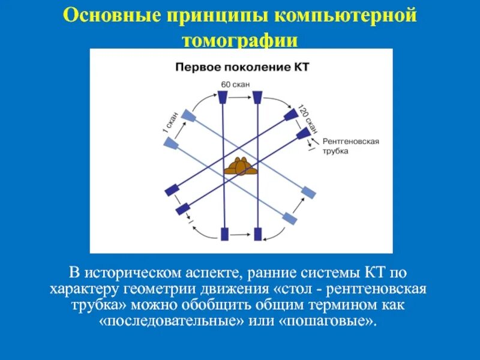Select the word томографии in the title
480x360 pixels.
click(240, 40)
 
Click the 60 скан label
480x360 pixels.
click(235, 84)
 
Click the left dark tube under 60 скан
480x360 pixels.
click(222, 97)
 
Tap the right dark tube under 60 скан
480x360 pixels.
click(258, 97)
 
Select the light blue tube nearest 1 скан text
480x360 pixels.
click(188, 115)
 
